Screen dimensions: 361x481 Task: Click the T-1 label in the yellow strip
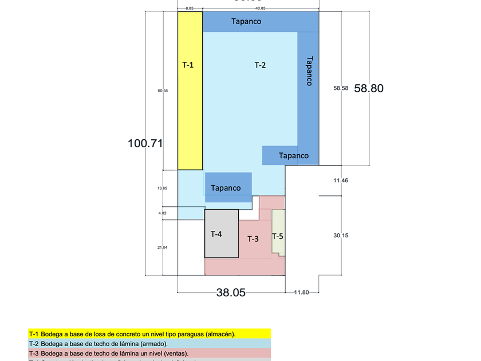pos(188,65)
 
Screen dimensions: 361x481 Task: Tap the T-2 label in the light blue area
pos(260,65)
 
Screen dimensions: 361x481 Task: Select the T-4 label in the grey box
pos(216,234)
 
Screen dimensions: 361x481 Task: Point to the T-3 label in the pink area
pos(253,238)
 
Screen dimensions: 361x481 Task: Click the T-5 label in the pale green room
pos(278,236)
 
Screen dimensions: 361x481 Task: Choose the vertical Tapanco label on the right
pos(309,70)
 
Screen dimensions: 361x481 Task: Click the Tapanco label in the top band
pos(246,22)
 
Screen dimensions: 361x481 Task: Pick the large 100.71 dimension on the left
pos(145,143)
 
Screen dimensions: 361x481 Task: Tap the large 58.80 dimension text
pos(369,88)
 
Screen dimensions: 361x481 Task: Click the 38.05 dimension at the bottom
pos(231,292)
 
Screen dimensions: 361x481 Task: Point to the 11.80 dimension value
pos(301,293)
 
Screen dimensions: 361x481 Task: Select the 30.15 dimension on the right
pos(341,235)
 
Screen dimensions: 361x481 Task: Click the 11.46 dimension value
pos(341,180)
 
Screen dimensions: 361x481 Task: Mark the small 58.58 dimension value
pos(341,89)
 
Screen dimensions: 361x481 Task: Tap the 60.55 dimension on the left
pos(163,91)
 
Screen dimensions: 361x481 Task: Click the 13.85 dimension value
pos(162,188)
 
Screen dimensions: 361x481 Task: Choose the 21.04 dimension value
pos(162,247)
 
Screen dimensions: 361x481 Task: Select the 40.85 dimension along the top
pos(260,9)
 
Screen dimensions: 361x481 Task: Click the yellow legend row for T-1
pos(149,333)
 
